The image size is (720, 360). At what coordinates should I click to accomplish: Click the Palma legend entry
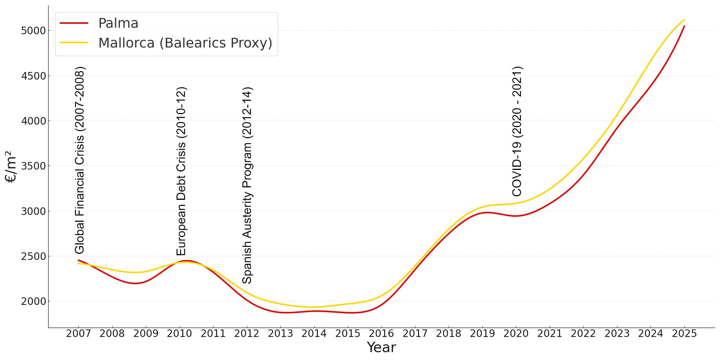[x=118, y=23]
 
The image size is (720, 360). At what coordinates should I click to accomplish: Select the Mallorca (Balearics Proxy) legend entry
[x=185, y=43]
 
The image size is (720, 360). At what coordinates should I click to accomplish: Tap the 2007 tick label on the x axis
[x=78, y=334]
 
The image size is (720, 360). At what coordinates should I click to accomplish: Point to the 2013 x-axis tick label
[x=280, y=334]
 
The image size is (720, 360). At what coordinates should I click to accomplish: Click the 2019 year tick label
[x=482, y=334]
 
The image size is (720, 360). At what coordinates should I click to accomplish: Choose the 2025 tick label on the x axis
[x=684, y=334]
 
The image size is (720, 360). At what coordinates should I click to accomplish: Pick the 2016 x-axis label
[x=381, y=334]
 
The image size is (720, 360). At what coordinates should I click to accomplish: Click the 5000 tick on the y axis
[x=34, y=31]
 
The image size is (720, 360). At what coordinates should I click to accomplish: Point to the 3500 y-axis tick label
[x=34, y=166]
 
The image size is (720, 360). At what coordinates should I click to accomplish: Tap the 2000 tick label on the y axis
[x=34, y=301]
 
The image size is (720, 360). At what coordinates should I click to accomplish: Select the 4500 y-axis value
[x=34, y=76]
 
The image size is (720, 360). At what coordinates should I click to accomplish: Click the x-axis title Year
[x=381, y=348]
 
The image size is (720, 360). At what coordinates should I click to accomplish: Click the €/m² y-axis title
[x=11, y=166]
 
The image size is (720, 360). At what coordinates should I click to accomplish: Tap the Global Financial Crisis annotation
[x=80, y=160]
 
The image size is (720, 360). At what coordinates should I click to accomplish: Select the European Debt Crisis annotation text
[x=181, y=171]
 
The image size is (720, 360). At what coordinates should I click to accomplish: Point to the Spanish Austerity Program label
[x=247, y=185]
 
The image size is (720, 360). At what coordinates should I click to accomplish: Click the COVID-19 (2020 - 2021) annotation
[x=517, y=131]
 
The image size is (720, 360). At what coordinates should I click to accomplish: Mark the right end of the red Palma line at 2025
[x=684, y=26]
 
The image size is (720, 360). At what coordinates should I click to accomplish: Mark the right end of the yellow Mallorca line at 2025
[x=684, y=20]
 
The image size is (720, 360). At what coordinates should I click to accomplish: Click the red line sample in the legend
[x=74, y=23]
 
